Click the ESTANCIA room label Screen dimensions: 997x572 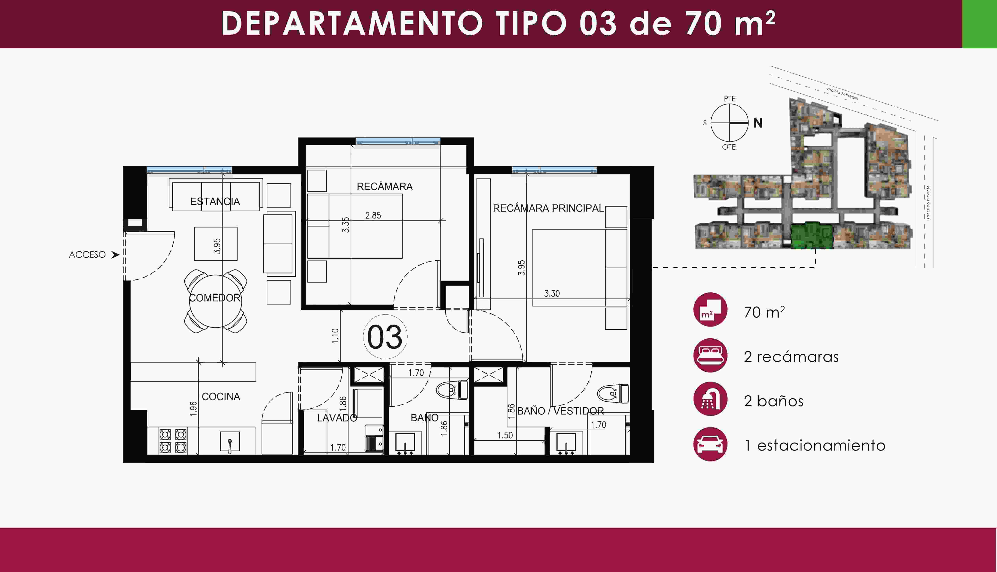(215, 201)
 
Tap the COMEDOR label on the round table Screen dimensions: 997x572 (215, 298)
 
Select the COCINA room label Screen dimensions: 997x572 (221, 397)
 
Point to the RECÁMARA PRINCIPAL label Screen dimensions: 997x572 (548, 208)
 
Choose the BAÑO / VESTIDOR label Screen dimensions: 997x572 (560, 411)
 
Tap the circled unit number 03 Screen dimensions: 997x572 (385, 337)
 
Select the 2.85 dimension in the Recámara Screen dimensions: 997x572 (373, 215)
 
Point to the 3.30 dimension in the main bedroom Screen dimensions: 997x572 (552, 293)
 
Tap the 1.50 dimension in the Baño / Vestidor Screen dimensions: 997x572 (505, 435)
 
